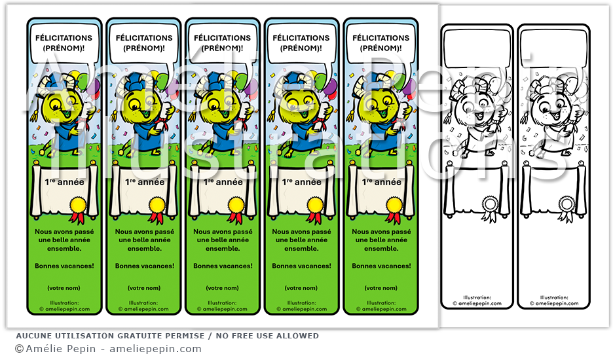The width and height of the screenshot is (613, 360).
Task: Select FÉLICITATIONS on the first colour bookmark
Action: [64, 38]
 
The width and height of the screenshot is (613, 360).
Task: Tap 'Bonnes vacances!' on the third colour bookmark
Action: [223, 266]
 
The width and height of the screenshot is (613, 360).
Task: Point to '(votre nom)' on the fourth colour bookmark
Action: [301, 288]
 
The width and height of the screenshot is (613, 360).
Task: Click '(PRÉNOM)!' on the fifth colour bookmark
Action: [381, 48]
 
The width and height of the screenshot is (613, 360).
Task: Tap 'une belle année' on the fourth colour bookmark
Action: [301, 240]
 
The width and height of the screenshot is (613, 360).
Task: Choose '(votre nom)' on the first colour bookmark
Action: [64, 288]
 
